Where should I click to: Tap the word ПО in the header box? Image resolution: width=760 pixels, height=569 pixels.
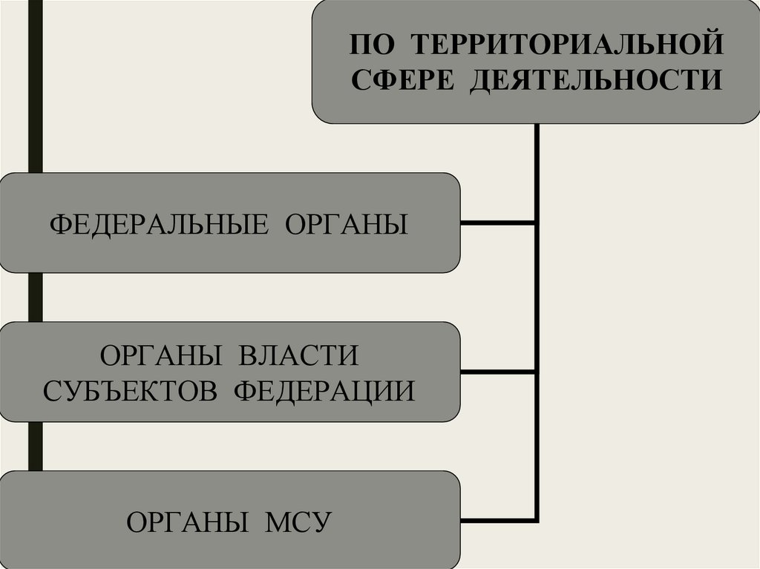(370, 44)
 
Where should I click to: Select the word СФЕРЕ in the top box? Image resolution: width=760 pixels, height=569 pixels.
(402, 79)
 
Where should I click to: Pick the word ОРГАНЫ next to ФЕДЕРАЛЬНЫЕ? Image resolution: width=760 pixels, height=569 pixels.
(346, 224)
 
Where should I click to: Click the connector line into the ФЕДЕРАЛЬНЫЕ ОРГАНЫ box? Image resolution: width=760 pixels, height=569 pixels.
(497, 223)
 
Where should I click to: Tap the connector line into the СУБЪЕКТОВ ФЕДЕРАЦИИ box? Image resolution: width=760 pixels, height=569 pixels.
(497, 370)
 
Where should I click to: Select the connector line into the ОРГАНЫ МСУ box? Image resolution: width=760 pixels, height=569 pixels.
(497, 519)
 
